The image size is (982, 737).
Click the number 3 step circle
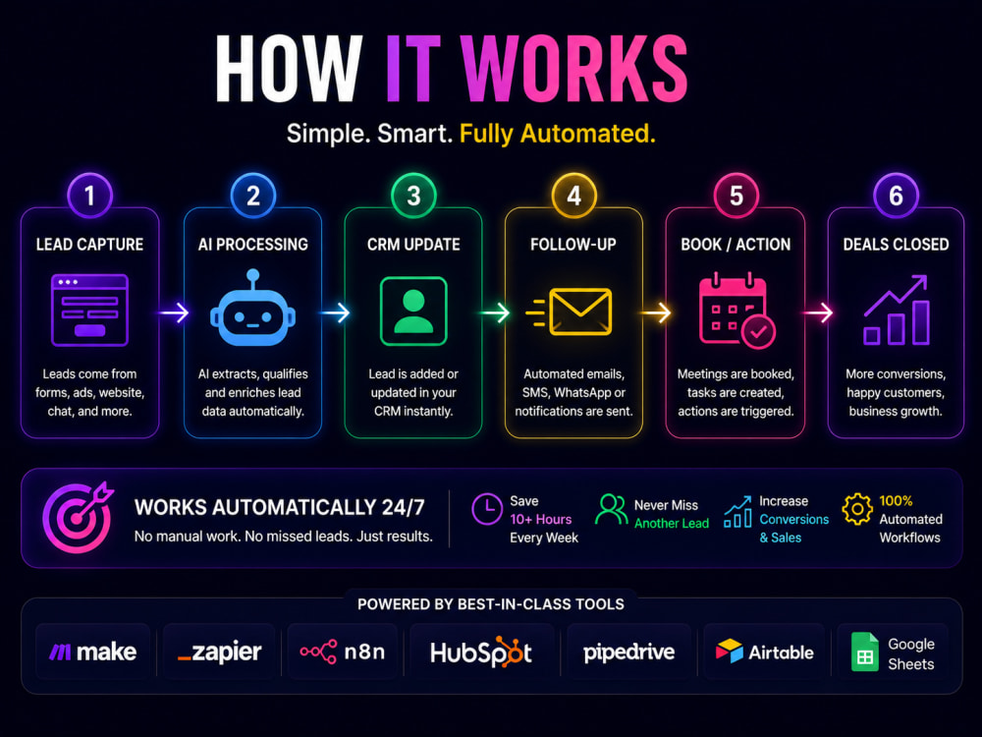point(413,196)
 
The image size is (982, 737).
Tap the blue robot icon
point(252,308)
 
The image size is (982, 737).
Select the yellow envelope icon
point(569,312)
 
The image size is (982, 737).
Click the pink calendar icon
point(736,311)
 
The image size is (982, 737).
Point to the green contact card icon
point(413,311)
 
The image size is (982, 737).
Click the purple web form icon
point(89,311)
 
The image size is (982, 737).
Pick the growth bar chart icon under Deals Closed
point(897,310)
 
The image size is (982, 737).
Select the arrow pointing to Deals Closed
point(817,312)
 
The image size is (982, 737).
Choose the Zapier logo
point(219,652)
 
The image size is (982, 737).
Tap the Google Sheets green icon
point(865,652)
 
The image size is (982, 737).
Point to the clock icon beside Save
point(487,509)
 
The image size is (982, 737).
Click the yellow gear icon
point(857,509)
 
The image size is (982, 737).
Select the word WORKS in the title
point(573,68)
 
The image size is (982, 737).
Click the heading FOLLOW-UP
point(573,245)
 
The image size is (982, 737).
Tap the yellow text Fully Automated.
point(558,134)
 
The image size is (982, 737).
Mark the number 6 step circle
point(896,196)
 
